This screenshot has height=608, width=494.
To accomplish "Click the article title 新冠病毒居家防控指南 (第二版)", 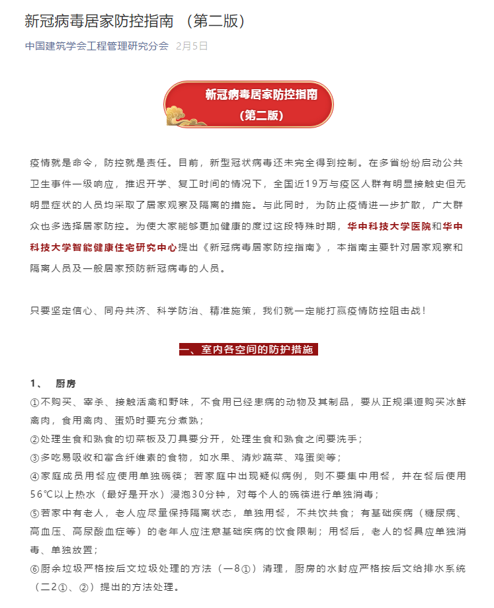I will (x=135, y=21).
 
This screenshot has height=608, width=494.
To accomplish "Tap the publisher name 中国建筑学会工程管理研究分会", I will (x=97, y=46).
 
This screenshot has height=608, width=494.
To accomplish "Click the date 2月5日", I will (x=192, y=46).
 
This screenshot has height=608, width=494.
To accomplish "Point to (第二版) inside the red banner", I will (x=261, y=115).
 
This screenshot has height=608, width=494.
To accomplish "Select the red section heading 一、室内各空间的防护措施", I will (x=248, y=349).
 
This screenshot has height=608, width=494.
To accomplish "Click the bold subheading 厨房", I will (x=65, y=384).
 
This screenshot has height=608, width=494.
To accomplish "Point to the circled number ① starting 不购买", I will (x=35, y=402).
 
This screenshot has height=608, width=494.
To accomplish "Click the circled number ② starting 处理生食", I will (x=35, y=439).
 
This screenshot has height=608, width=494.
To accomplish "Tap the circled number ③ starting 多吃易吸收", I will (x=35, y=457).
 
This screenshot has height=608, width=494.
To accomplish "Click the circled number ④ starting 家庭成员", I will (x=35, y=476).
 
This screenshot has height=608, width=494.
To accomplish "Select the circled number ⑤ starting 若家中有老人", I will (x=35, y=513).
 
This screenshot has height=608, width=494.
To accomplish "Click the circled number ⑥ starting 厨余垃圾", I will (x=35, y=568).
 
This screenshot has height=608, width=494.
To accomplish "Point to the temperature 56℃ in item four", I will (x=44, y=494).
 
